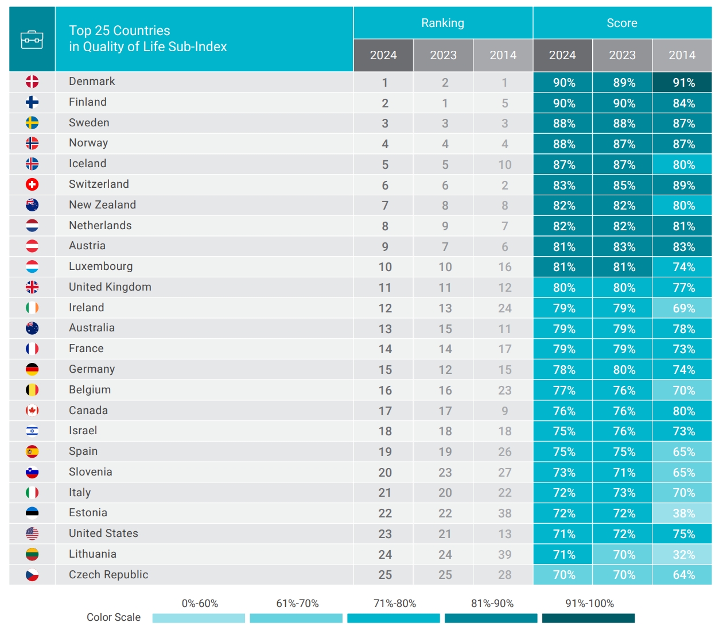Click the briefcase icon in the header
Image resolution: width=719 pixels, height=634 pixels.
point(32,40)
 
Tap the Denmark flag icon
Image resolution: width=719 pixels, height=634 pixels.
point(32,82)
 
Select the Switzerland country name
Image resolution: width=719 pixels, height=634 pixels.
point(99,184)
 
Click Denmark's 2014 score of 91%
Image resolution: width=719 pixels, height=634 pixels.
point(683,83)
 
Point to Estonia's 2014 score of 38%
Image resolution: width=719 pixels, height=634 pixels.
point(683,513)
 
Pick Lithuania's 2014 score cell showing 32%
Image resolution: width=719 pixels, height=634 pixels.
point(683,555)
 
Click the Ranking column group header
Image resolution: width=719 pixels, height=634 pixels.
point(442,23)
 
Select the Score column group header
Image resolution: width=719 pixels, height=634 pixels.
point(622,23)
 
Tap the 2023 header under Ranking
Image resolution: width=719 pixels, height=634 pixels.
point(443,55)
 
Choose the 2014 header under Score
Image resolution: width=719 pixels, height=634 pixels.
point(682,55)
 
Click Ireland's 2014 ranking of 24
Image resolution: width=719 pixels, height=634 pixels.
point(504,308)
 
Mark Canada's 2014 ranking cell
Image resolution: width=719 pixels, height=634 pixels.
point(504,411)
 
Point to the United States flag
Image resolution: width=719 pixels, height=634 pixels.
point(32,534)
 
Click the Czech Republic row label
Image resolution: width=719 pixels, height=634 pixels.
point(108,575)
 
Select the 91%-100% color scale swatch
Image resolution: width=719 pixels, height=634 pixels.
point(588,618)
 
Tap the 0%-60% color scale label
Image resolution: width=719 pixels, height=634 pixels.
point(200,604)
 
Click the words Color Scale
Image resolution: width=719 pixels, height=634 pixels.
point(114,617)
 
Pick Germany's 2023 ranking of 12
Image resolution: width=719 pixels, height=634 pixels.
point(445,370)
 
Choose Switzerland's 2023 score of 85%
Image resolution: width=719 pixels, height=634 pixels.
point(623,185)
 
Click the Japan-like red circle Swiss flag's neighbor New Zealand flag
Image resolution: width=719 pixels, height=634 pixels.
point(32,205)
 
